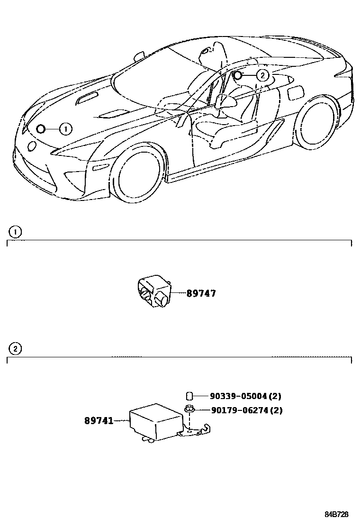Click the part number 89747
point(201,293)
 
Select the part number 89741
point(99,420)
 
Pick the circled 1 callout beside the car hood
point(65,128)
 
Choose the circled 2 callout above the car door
point(263,75)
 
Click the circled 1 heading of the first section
point(16,232)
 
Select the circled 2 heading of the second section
point(16,349)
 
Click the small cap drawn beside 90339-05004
point(188,396)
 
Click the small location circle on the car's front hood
point(41,128)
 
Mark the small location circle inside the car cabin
point(238,74)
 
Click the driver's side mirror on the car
point(225,100)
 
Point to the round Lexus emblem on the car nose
point(32,145)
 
